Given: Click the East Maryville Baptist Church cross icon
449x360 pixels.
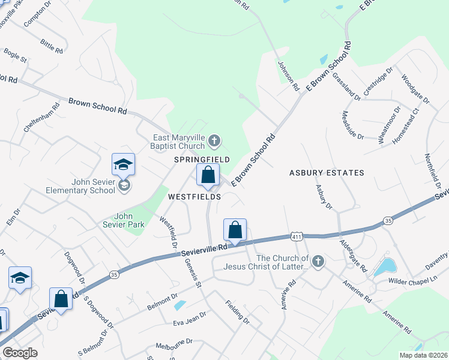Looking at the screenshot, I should (214, 142).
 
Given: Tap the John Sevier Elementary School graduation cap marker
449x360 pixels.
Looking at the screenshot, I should (123, 165).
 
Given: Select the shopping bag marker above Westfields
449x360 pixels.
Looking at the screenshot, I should (208, 175).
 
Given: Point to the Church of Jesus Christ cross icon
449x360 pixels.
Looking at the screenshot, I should (318, 261).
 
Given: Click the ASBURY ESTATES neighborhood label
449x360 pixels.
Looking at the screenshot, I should (327, 173).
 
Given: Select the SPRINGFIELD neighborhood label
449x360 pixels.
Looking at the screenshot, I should (202, 159).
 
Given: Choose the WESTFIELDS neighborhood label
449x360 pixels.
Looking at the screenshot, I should (194, 196).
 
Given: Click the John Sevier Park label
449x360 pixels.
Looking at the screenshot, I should (124, 220).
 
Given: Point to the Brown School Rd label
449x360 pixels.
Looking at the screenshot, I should (98, 107).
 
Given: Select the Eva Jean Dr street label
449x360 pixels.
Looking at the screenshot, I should (189, 317).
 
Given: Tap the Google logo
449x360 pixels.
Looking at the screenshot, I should (20, 353).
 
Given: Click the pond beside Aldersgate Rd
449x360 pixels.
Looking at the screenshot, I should (384, 267).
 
